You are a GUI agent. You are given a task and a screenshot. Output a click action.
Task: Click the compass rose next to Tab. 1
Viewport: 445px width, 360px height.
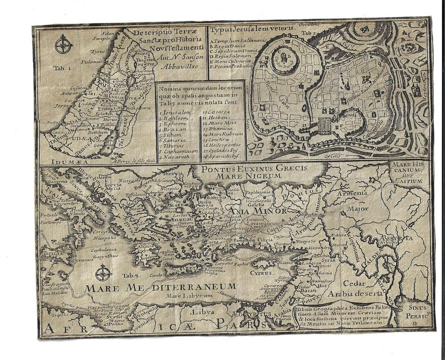click(63, 45)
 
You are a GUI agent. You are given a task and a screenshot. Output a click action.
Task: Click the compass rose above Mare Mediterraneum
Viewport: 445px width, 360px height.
click(104, 273)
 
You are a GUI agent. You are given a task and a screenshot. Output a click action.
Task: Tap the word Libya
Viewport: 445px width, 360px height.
click(202, 312)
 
